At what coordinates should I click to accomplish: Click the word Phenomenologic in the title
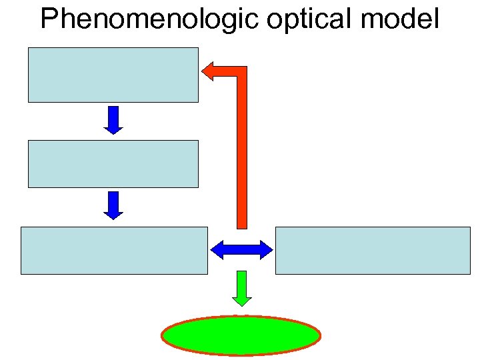tap(149, 19)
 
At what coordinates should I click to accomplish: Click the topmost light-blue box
tap(113, 75)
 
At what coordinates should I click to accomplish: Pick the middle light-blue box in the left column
tap(113, 163)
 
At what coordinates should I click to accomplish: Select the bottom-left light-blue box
tap(114, 250)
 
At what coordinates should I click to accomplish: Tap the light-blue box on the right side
tap(373, 250)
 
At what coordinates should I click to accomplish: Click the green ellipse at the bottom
tap(241, 335)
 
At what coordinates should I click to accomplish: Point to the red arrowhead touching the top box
tap(207, 71)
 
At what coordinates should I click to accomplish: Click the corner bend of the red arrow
tap(241, 71)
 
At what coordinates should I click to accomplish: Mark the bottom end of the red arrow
tap(242, 225)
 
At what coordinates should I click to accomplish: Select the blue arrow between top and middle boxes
tap(113, 120)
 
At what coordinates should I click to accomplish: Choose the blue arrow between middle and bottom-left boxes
tap(113, 205)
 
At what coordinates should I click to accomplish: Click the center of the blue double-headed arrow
tap(241, 250)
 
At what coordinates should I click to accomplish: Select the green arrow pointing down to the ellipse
tap(241, 288)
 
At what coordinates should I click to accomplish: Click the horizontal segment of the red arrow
tap(227, 71)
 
